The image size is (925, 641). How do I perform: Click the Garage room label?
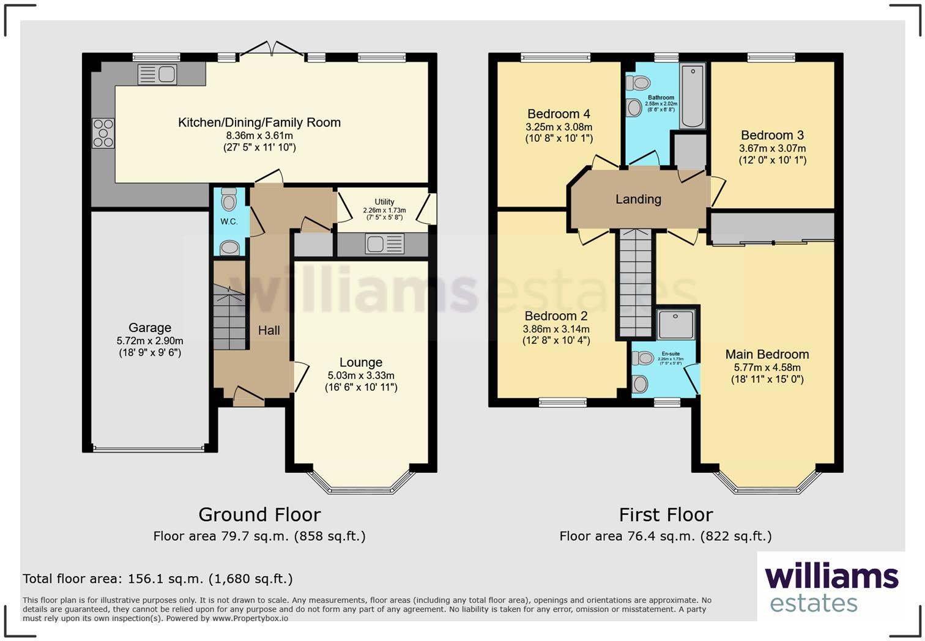pos(150,328)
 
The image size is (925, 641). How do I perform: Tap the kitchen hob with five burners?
pos(103,133)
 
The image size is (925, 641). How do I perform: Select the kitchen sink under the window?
pos(157,75)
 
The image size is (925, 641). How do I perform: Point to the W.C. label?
pos(229,221)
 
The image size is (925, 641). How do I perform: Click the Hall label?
pos(269,330)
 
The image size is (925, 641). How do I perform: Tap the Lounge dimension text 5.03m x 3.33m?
pos(361,376)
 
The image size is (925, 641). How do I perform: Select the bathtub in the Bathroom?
pos(693,97)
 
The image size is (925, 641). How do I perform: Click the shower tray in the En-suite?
pos(676,324)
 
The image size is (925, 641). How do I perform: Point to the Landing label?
pos(638,199)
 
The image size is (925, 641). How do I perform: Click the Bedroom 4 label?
pos(559,114)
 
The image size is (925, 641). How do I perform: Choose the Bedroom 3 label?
pos(772,135)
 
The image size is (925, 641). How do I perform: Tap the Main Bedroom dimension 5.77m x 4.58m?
pos(767,368)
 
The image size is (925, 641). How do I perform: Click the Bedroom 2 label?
pos(556,316)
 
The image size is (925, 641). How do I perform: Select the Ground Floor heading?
pos(259,514)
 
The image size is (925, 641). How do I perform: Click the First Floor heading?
pos(666,514)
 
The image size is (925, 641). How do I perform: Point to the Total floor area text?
pos(158,579)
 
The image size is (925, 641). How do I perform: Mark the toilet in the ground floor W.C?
pos(229,199)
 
